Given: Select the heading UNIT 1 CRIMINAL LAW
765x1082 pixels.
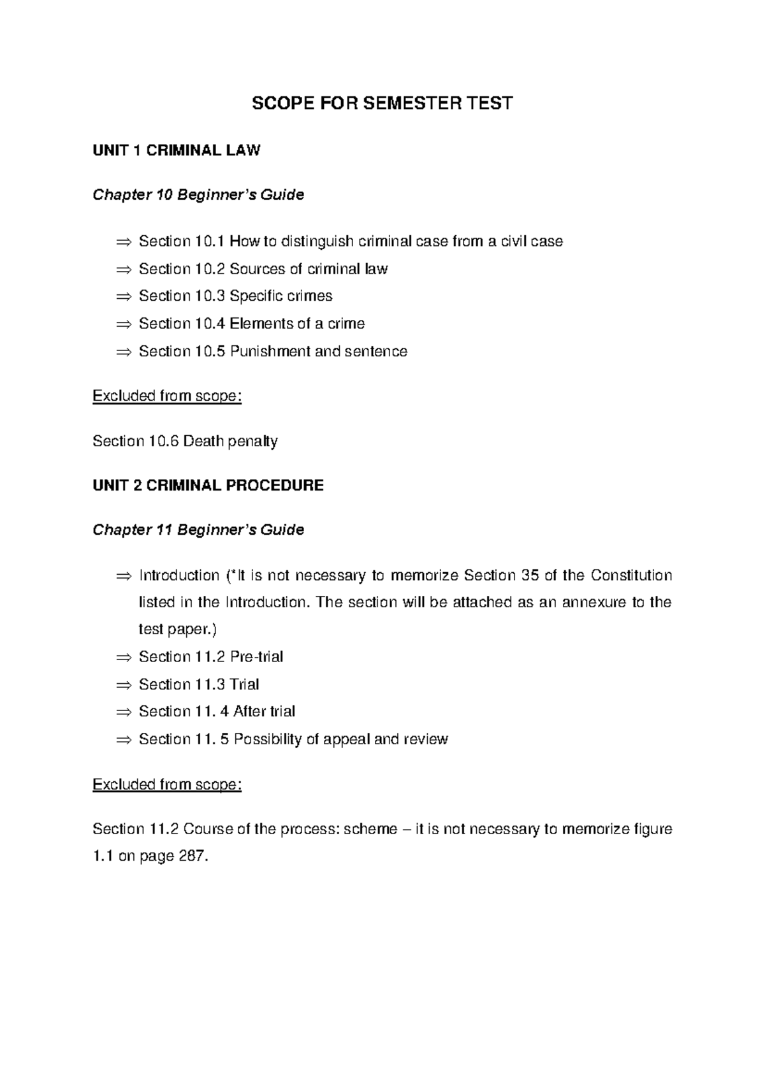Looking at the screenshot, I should tap(176, 150).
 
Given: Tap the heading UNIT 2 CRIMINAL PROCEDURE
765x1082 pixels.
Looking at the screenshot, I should tap(208, 486).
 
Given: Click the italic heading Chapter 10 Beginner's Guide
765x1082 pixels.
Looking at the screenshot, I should tap(198, 195).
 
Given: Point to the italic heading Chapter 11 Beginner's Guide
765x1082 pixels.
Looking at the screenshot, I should tap(198, 530).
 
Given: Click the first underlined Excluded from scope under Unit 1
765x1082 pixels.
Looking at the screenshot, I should tap(167, 396).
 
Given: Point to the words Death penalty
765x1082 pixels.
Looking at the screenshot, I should tap(230, 441).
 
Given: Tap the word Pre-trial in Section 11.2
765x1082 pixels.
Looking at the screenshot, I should tap(256, 656).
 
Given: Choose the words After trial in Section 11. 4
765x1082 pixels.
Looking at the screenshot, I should tap(264, 711).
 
